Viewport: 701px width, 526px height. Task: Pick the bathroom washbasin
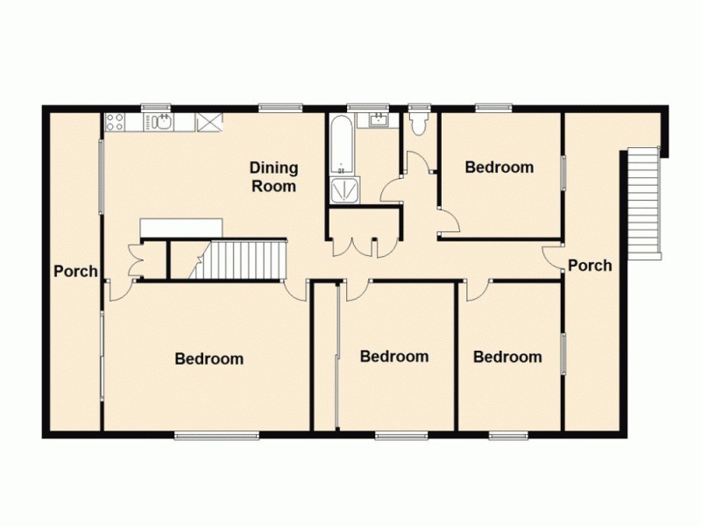(x=380, y=121)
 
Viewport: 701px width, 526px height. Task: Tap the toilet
(x=418, y=123)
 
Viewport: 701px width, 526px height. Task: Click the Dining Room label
(x=273, y=176)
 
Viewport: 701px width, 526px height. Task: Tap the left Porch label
(x=75, y=271)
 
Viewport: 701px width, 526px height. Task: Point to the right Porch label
(x=590, y=265)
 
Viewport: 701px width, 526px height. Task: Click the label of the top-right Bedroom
(x=499, y=167)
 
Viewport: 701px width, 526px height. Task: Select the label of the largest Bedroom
(x=209, y=359)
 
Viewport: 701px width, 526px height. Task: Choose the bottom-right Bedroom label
(x=507, y=357)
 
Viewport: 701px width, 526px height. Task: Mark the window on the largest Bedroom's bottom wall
(x=216, y=435)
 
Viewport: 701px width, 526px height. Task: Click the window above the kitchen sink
(x=156, y=108)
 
